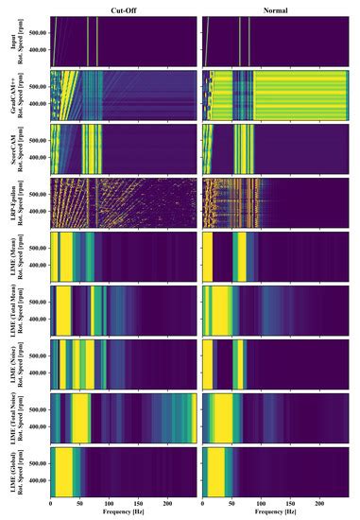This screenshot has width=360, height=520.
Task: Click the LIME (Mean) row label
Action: coord(11,256)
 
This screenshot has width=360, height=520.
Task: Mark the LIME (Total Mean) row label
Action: coord(11,311)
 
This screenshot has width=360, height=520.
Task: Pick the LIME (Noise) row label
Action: coord(11,364)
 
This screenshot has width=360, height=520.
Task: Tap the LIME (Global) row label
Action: coord(11,472)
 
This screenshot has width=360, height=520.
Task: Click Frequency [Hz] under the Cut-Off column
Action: coord(123,513)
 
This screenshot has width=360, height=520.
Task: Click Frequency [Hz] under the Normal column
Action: coord(281,513)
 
